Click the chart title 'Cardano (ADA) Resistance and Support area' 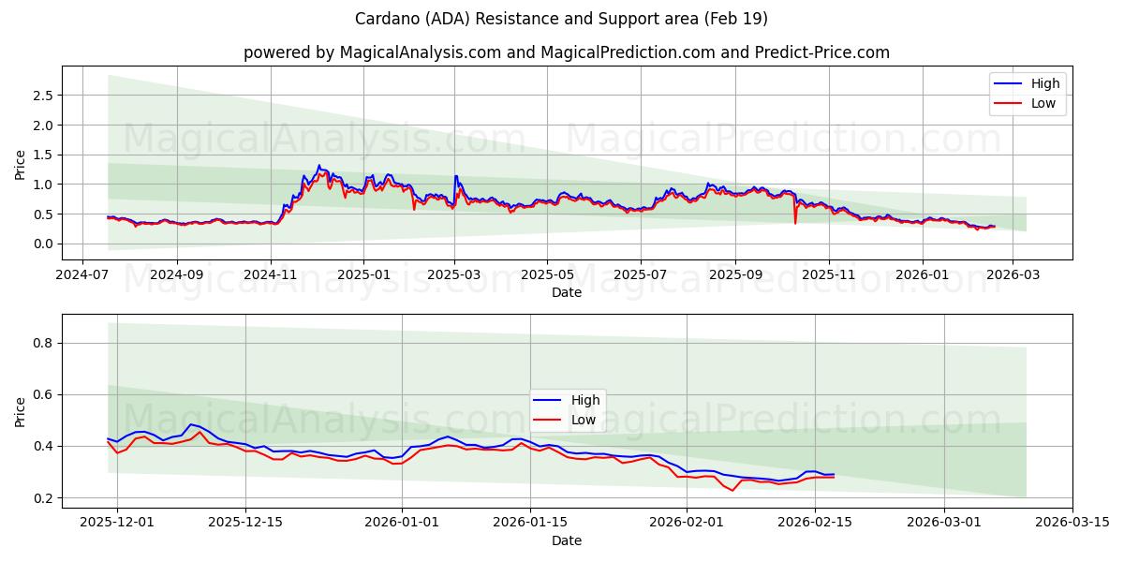pyautogui.click(x=562, y=19)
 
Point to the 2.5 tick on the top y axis pyautogui.click(x=41, y=96)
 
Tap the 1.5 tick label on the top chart pyautogui.click(x=41, y=155)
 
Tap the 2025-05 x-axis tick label pyautogui.click(x=547, y=274)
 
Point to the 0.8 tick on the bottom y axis pyautogui.click(x=41, y=343)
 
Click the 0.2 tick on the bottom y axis pyautogui.click(x=41, y=498)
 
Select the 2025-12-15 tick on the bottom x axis pyautogui.click(x=245, y=523)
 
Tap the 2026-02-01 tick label pyautogui.click(x=687, y=523)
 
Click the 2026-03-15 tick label pyautogui.click(x=1072, y=523)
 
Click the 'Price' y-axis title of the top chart pyautogui.click(x=21, y=163)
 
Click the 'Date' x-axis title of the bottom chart pyautogui.click(x=567, y=540)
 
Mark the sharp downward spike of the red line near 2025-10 pyautogui.click(x=795, y=223)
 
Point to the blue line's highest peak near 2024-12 pyautogui.click(x=318, y=166)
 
